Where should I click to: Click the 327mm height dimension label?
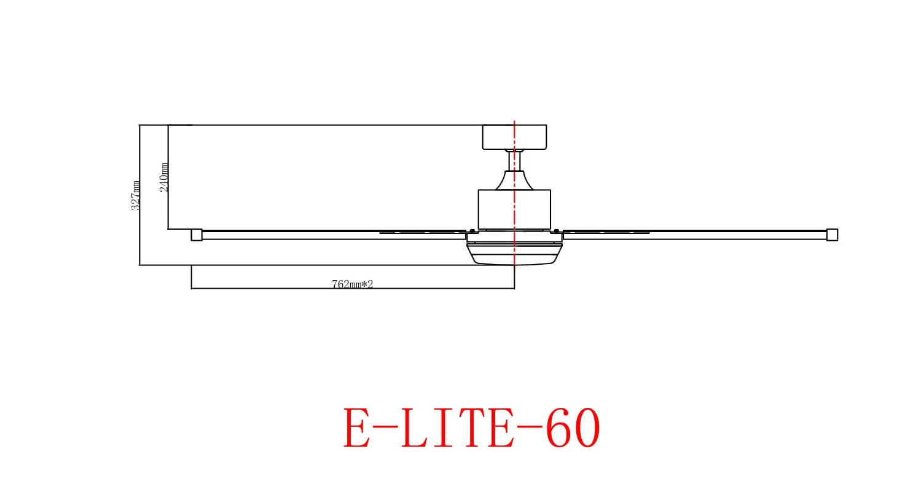pos(136,195)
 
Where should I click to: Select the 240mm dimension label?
pos(164,178)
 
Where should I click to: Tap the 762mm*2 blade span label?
pos(352,284)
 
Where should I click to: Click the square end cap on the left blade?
pos(197,235)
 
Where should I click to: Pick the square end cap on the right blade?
pos(833,235)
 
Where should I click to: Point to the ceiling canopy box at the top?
pos(514,137)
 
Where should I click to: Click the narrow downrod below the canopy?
pos(514,161)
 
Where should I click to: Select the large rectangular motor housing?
pos(514,209)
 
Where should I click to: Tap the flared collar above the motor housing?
pos(514,180)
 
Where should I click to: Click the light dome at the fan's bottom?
pos(514,254)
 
